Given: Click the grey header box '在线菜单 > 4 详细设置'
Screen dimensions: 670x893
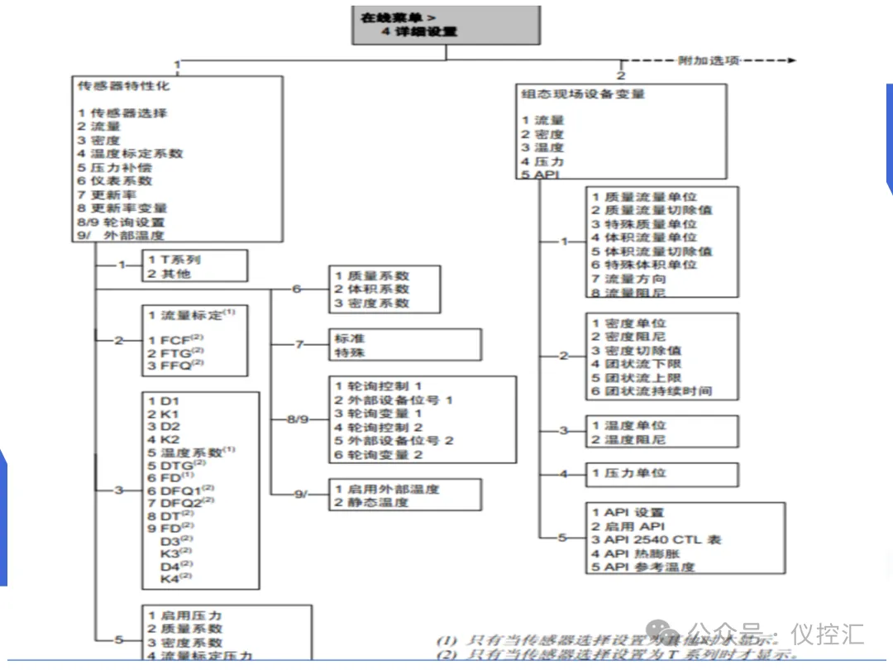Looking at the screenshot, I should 446,25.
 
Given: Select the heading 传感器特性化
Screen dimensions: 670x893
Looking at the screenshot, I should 124,85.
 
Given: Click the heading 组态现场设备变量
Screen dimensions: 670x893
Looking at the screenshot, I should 582,93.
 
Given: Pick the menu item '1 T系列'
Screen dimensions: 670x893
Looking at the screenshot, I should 174,260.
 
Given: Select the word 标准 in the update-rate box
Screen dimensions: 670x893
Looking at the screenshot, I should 350,338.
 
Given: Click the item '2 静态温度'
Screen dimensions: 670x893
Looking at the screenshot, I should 371,502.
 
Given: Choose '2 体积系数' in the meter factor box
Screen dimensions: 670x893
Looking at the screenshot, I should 372,289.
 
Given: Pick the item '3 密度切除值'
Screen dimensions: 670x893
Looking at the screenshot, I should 637,350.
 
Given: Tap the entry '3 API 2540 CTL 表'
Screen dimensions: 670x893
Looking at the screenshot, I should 657,539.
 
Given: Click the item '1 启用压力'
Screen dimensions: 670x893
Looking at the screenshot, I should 185,615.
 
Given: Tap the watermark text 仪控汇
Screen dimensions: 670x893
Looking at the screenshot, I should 828,634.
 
